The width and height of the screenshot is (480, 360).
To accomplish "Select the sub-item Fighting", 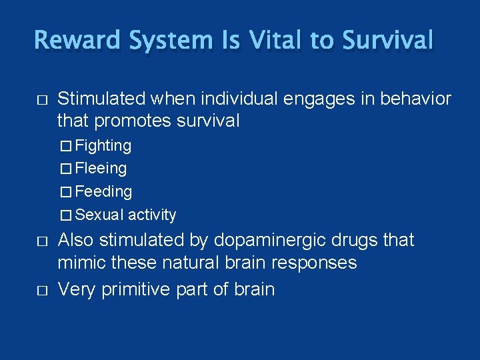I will click(103, 145).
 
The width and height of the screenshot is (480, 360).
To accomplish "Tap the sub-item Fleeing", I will click(101, 169).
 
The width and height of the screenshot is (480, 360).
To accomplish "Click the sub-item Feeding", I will click(103, 192).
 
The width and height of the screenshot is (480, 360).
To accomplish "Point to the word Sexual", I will click(99, 215).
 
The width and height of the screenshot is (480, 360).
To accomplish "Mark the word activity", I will click(152, 215).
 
